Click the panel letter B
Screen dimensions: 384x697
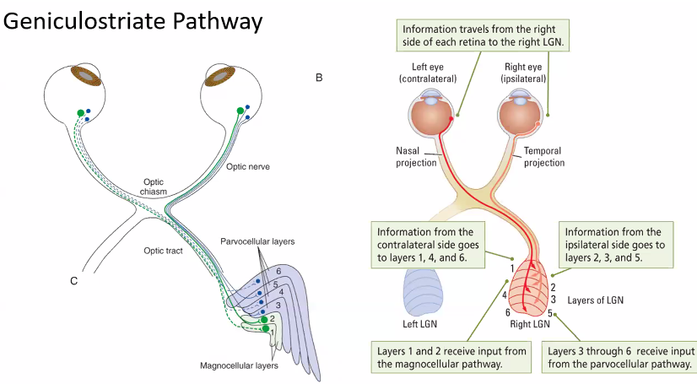(320, 78)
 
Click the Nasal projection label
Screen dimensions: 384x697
(415, 157)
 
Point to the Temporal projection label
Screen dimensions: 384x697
(544, 157)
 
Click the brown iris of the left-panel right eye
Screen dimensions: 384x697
(222, 76)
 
